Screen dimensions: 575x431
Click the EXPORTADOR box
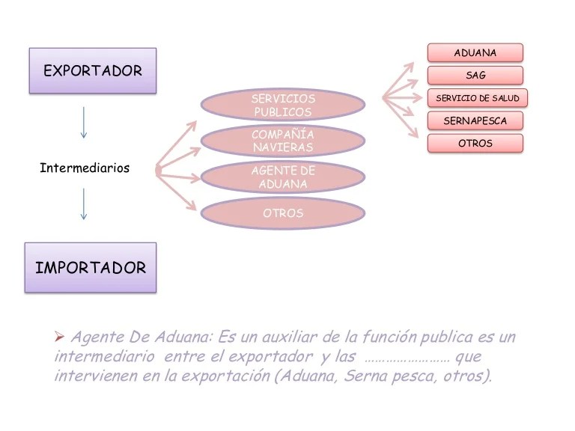(92, 71)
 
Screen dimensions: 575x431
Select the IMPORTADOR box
(91, 267)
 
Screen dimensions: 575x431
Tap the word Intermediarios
(84, 168)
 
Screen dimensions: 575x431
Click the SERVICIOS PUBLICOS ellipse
(283, 106)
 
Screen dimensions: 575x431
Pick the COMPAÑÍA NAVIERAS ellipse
(283, 141)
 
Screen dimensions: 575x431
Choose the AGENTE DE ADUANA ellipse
(283, 177)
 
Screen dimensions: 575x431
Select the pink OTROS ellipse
(283, 213)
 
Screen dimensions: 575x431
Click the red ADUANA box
(475, 52)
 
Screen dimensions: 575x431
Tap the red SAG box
(475, 75)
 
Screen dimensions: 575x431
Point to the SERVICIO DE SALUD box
(477, 98)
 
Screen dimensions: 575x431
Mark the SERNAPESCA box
(475, 120)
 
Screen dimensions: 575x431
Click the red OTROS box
(475, 143)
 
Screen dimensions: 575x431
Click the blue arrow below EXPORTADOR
(83, 122)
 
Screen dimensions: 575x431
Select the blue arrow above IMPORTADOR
(83, 204)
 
